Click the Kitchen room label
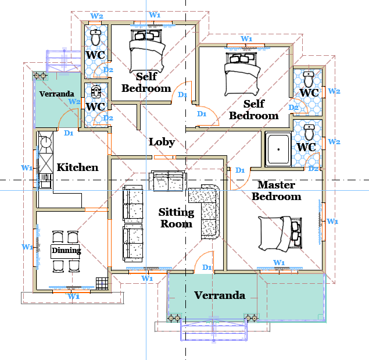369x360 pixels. [x=77, y=167]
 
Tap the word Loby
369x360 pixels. [x=162, y=142]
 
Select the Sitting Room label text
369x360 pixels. [x=176, y=218]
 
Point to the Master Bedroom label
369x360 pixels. [x=277, y=191]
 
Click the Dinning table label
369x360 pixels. [x=66, y=250]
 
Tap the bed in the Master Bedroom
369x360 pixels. [x=280, y=233]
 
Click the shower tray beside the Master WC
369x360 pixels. [x=278, y=149]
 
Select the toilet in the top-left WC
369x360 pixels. [x=95, y=37]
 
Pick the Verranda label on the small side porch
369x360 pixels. [x=57, y=94]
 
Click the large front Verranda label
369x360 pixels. [x=220, y=295]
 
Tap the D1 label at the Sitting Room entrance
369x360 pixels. [x=207, y=268]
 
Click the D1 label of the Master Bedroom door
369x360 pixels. [x=240, y=170]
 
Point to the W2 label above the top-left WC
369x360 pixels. [x=96, y=16]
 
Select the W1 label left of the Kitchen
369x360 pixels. [x=27, y=167]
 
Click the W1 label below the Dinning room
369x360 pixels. [x=74, y=296]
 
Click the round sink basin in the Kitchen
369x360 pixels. [x=46, y=142]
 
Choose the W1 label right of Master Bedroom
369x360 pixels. [x=332, y=221]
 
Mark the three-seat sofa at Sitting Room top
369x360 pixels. [x=168, y=181]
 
